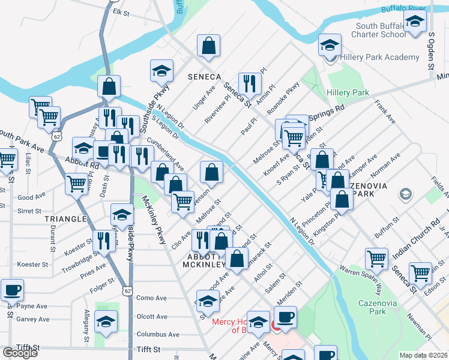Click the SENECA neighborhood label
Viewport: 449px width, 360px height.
tap(204, 77)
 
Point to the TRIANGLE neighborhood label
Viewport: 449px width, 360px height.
tap(65, 220)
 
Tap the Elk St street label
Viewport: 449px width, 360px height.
tap(121, 12)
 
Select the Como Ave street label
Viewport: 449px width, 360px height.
tap(151, 298)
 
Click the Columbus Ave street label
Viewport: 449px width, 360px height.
tap(158, 334)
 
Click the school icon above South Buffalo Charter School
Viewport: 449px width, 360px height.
tap(414, 22)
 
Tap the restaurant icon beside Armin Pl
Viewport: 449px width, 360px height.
tap(249, 84)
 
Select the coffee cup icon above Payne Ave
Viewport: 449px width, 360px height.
tap(12, 290)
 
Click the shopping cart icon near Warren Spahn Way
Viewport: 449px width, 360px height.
tap(376, 259)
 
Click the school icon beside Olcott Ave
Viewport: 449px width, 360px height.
tap(106, 323)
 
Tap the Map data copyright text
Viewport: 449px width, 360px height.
tap(423, 355)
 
